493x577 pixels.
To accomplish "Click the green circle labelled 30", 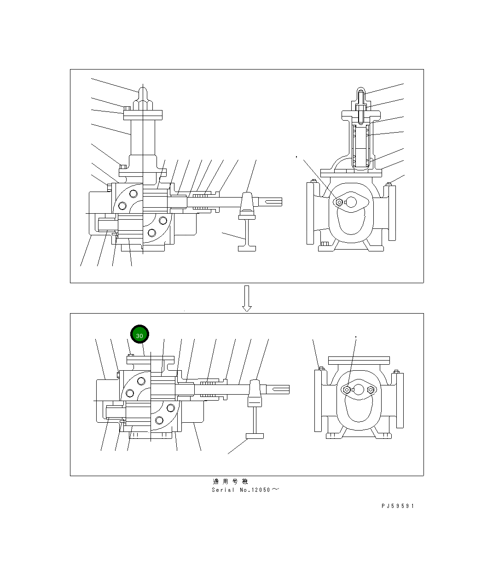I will (139, 335).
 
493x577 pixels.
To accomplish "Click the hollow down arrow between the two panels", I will (247, 298).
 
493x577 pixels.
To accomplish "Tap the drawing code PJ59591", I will (398, 506).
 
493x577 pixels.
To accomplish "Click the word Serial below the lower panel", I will (223, 490).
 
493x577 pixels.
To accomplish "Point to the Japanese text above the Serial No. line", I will (230, 482).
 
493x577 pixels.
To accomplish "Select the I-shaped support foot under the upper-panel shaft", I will (247, 235).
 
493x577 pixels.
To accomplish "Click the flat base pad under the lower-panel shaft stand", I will (255, 436).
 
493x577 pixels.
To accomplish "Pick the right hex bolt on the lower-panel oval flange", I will (371, 390).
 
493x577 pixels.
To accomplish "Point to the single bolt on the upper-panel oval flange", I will (340, 202).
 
